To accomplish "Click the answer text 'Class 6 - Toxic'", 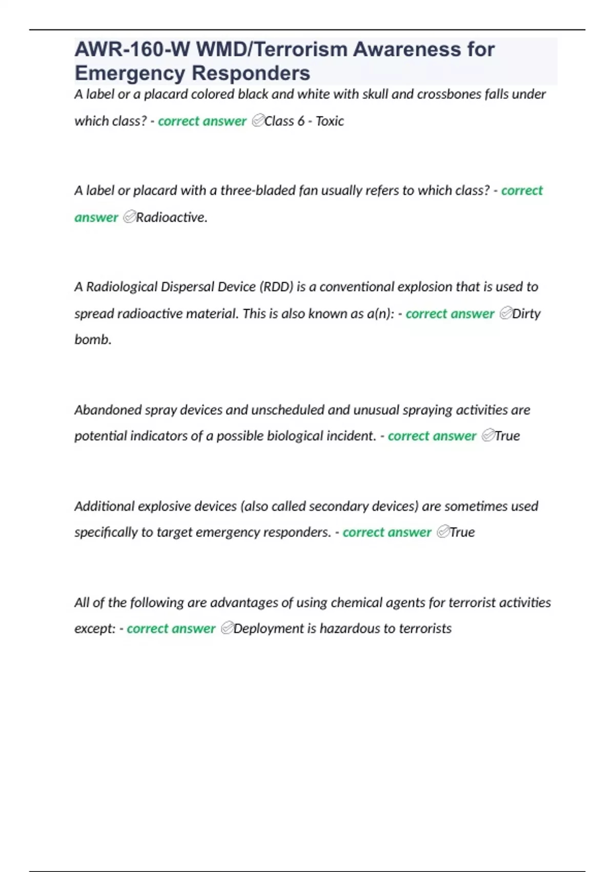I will [x=304, y=121].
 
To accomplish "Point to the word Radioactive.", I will [x=171, y=217].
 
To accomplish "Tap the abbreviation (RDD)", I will [x=276, y=287].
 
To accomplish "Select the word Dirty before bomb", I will [x=526, y=313].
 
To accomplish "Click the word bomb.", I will [x=93, y=340].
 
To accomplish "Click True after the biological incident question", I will [x=507, y=436].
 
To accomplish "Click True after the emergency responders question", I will [x=462, y=532].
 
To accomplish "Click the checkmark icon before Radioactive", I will [x=129, y=217].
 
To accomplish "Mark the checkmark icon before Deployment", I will [x=227, y=628].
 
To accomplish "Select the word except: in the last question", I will [x=95, y=629].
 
